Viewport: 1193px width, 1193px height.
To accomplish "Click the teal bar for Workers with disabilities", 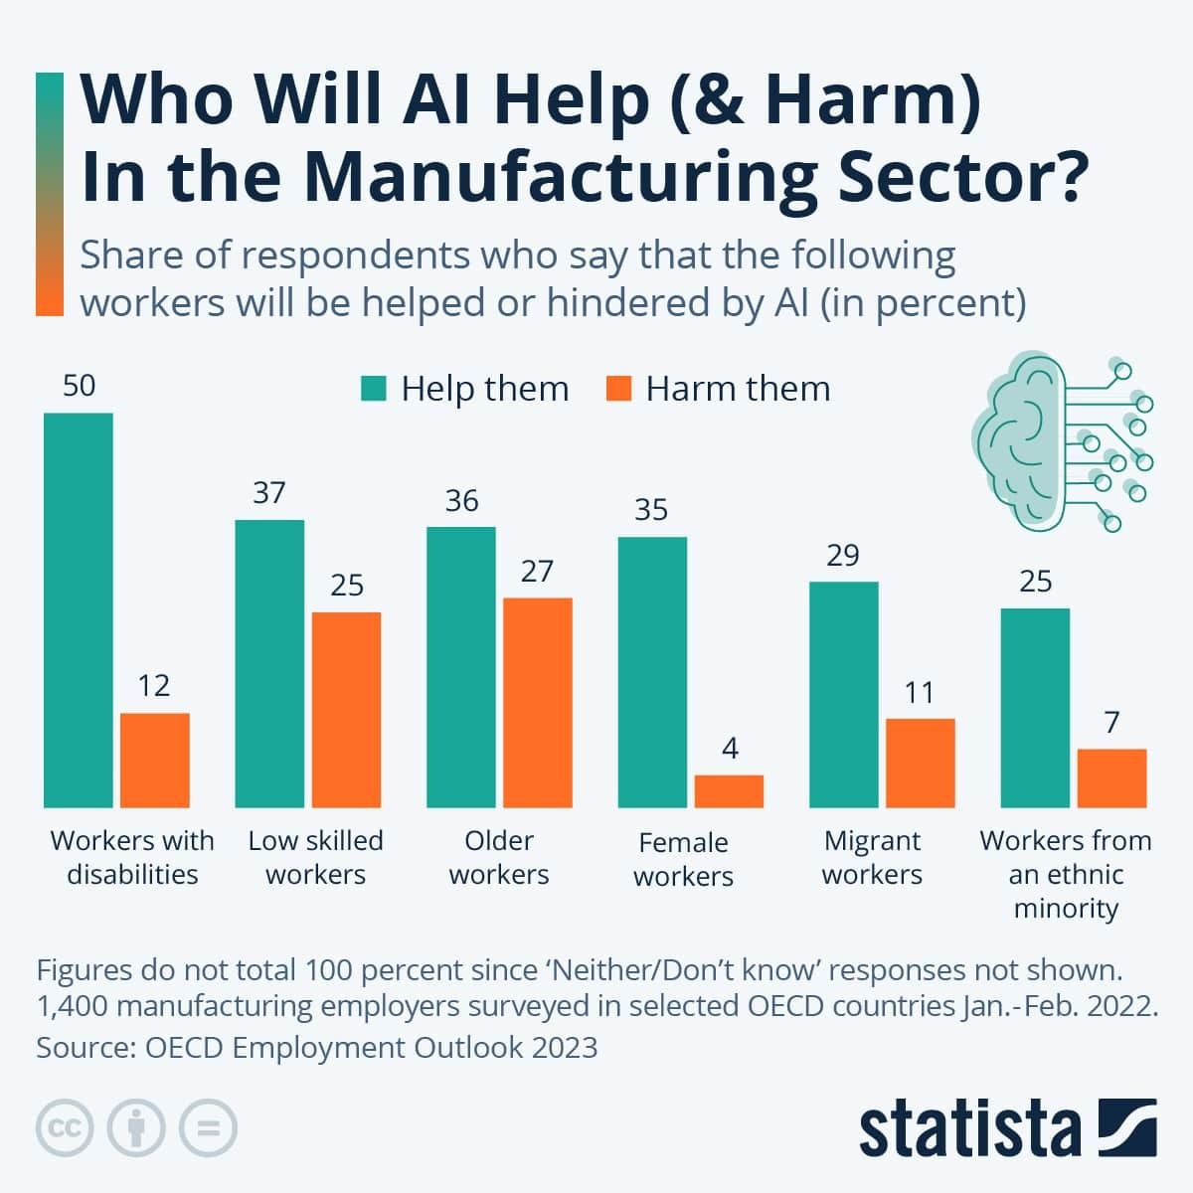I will [x=79, y=609].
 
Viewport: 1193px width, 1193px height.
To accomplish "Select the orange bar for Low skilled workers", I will [x=346, y=709].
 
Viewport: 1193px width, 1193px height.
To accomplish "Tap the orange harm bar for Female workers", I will [x=729, y=791].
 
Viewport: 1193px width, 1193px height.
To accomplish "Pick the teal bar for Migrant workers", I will [x=844, y=694].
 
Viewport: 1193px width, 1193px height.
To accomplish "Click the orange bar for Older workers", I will [x=538, y=702].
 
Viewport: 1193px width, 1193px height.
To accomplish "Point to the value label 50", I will [x=79, y=386].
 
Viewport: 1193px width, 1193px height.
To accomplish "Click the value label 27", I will [x=537, y=571].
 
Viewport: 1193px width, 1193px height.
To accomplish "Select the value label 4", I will [x=730, y=749].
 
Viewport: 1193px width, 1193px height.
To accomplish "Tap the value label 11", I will [x=920, y=692].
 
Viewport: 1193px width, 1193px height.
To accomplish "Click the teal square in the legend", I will [x=374, y=388].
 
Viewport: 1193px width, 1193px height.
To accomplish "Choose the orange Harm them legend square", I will [x=618, y=388].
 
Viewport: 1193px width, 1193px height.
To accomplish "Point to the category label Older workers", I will [x=499, y=857].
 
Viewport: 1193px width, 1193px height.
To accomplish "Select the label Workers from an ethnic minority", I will [x=1066, y=874].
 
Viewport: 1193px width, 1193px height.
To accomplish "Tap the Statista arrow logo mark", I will [x=1127, y=1127].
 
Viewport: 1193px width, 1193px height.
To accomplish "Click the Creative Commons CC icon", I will [x=65, y=1128].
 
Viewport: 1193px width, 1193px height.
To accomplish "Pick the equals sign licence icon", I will [x=208, y=1128].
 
